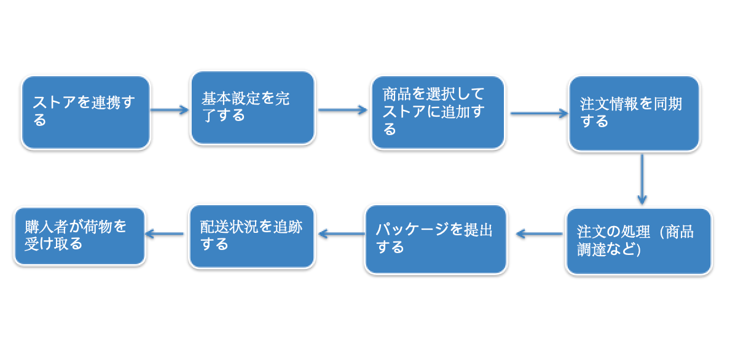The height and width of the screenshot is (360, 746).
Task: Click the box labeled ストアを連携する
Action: pos(85,112)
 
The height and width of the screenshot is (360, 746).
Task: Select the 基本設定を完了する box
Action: pos(253,108)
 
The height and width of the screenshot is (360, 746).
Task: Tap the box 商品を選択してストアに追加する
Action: pos(438,112)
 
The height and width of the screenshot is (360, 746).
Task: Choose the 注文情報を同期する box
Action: pos(634,113)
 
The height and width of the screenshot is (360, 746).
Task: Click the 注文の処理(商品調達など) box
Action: pos(638,241)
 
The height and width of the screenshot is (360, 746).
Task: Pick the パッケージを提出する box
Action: pos(436,239)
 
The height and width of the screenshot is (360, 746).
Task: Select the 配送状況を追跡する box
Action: pos(252,236)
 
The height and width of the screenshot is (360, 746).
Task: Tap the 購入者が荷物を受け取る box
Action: pos(80,236)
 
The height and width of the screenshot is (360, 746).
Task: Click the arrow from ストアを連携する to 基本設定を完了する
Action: pos(170,110)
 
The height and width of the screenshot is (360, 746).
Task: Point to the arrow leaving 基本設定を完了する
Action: pos(343,110)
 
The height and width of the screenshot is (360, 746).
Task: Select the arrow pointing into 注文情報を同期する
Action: pos(539,114)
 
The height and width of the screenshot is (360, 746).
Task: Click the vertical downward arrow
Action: pos(642,179)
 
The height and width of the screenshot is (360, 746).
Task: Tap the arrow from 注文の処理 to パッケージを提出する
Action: pos(540,234)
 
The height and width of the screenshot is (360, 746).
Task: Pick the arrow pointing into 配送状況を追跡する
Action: pos(342,234)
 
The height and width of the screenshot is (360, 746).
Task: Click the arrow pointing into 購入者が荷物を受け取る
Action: pos(165,234)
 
